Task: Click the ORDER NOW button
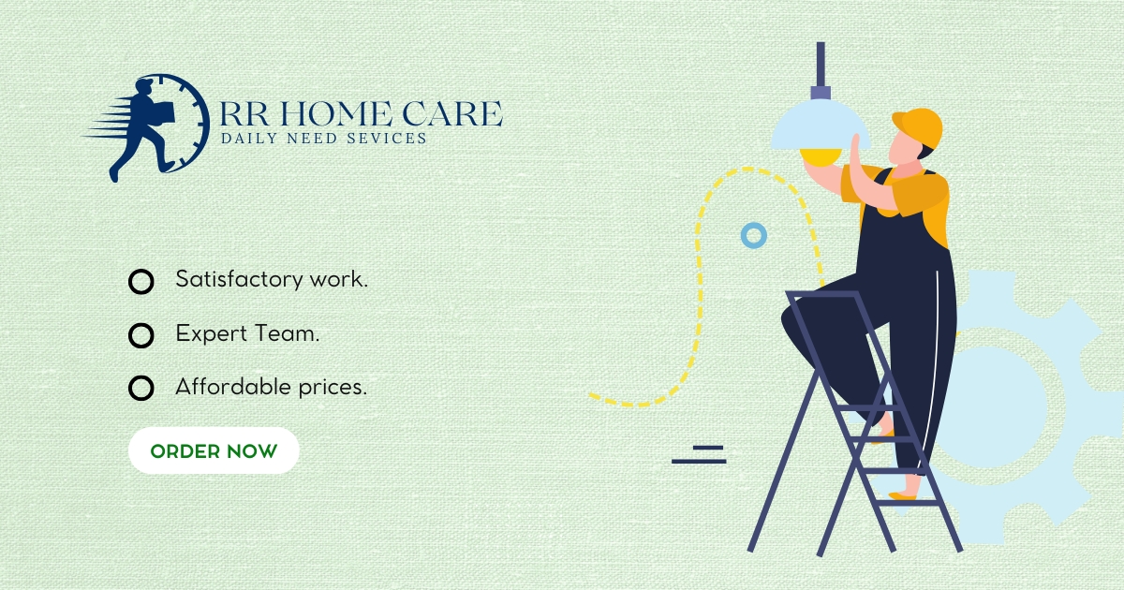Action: pos(214,450)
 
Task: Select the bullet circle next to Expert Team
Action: pos(141,325)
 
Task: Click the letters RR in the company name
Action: pos(244,113)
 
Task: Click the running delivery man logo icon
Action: pos(146,127)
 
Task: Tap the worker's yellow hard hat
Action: pos(918,127)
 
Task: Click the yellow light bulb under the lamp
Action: pos(821,157)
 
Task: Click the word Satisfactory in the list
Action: pos(239,279)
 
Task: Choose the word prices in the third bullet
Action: pos(333,388)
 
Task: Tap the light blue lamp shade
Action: pos(820,125)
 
